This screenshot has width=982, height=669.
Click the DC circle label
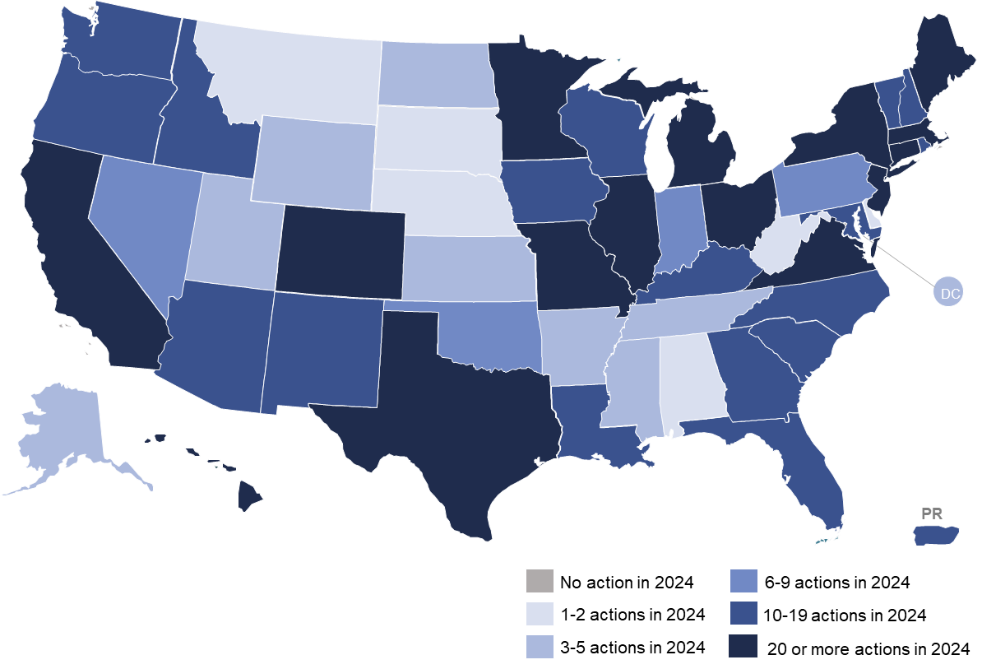(x=948, y=292)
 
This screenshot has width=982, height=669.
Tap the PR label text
(x=931, y=513)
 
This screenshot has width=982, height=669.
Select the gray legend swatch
(x=540, y=581)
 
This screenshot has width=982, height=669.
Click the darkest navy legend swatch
(x=743, y=646)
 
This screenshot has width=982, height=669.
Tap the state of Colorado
(x=340, y=251)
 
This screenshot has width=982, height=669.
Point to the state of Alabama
(x=692, y=379)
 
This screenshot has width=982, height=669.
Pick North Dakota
(x=436, y=74)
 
